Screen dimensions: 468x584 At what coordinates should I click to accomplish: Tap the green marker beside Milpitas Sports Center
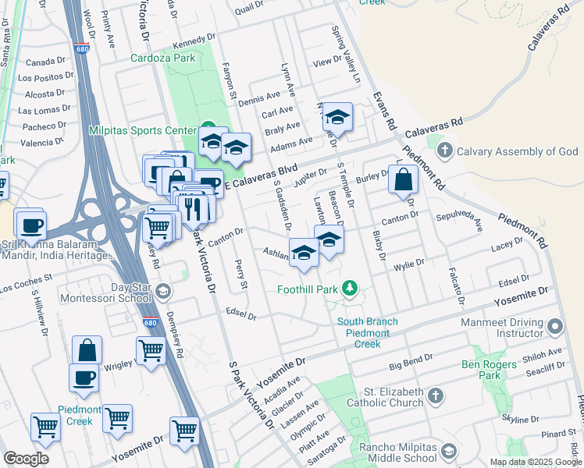pyautogui.click(x=207, y=128)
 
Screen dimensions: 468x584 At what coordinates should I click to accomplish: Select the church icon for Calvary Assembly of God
pyautogui.click(x=445, y=151)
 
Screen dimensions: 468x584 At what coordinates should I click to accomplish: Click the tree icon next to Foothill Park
pyautogui.click(x=351, y=289)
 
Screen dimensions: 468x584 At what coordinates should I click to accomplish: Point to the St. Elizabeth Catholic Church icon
pyautogui.click(x=435, y=398)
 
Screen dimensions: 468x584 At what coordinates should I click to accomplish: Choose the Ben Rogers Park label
pyautogui.click(x=490, y=370)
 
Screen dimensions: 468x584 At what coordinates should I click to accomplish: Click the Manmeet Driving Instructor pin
pyautogui.click(x=554, y=325)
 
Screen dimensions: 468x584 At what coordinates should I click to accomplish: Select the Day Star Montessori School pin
pyautogui.click(x=162, y=292)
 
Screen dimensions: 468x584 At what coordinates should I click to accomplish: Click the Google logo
pyautogui.click(x=26, y=459)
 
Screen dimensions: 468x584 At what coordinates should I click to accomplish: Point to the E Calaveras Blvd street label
pyautogui.click(x=262, y=175)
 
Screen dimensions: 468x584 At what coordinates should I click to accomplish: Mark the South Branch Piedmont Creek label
pyautogui.click(x=368, y=333)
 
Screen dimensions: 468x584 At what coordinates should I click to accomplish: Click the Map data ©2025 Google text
pyautogui.click(x=535, y=462)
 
